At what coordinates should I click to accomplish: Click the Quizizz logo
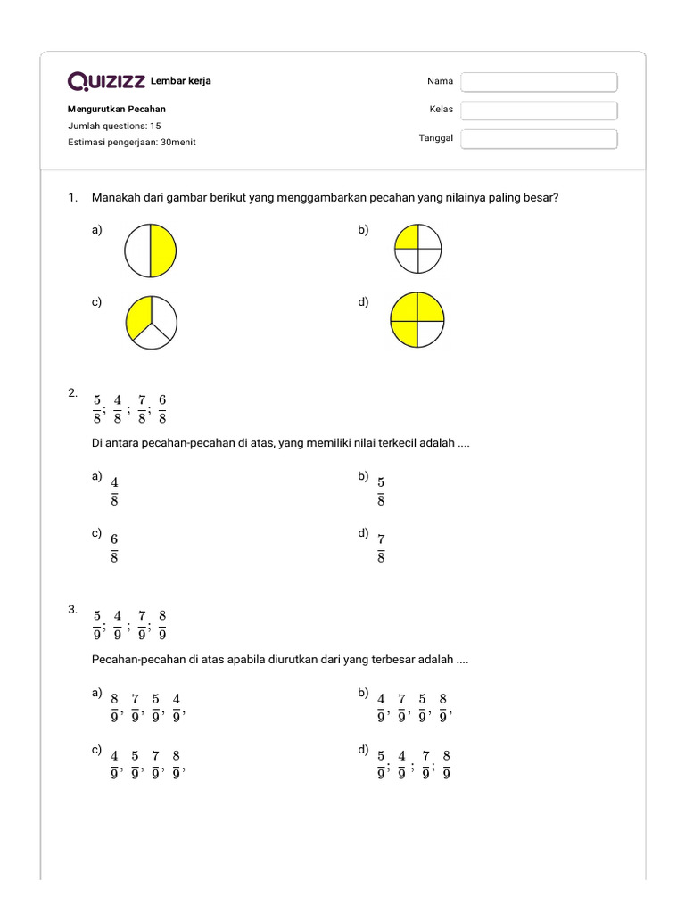click(106, 82)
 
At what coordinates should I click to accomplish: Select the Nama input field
click(539, 82)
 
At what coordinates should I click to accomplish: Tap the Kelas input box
click(539, 111)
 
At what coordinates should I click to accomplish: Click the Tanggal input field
click(539, 139)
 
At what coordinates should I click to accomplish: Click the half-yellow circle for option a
click(151, 251)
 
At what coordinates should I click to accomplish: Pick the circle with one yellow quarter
click(417, 248)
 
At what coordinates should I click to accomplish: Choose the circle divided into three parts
click(152, 321)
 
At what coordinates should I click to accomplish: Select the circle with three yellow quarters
click(417, 319)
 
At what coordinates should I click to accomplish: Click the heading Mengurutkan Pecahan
click(117, 110)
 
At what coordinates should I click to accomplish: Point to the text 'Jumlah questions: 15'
click(114, 126)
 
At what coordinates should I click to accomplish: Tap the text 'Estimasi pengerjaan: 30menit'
click(132, 142)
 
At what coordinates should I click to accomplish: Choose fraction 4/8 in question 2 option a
click(114, 490)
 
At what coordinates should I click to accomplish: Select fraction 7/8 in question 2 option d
click(381, 547)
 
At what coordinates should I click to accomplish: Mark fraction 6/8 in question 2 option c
click(114, 547)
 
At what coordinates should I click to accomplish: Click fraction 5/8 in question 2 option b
click(381, 490)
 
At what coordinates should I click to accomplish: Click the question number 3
click(72, 610)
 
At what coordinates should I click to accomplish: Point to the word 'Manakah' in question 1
click(117, 198)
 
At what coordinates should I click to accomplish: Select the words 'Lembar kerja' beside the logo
click(181, 82)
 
